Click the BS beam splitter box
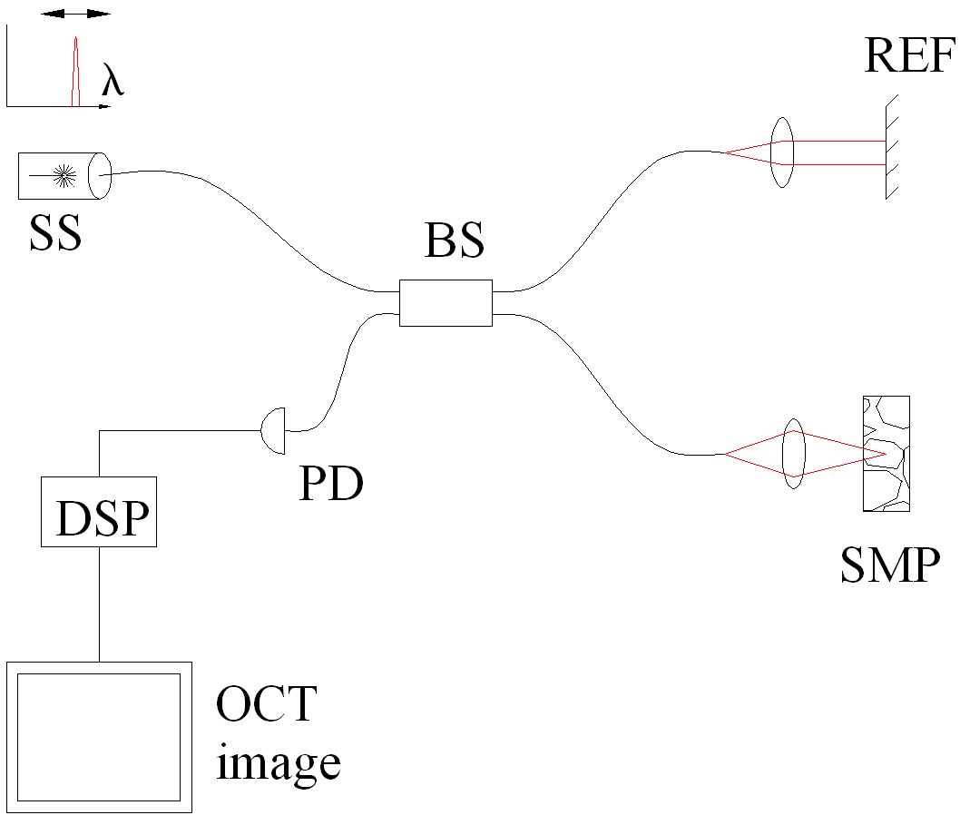[x=446, y=302]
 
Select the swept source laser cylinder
[x=64, y=175]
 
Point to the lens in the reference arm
[x=781, y=152]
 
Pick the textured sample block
[x=886, y=455]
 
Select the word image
[x=278, y=763]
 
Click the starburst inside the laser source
[x=64, y=175]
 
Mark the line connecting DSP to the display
[x=99, y=604]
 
